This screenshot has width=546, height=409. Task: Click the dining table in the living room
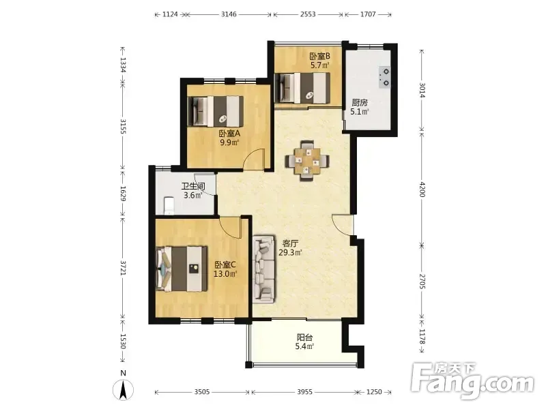coord(306,161)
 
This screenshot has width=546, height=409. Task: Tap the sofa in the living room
coord(263,269)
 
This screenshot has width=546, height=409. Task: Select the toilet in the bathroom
coord(169,206)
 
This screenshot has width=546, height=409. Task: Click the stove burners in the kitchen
coord(386,77)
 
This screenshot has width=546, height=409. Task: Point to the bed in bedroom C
coord(182,269)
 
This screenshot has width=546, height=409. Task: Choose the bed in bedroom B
coord(302,88)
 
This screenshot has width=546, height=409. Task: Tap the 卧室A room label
coord(229,133)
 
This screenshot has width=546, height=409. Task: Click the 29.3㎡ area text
coord(290,252)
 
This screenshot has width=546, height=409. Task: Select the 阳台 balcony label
coord(304,337)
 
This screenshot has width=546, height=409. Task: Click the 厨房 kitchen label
coord(360,103)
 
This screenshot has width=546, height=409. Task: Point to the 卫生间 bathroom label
coord(193,186)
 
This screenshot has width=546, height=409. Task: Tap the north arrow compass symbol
coord(123,389)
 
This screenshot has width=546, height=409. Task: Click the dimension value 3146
coord(229,14)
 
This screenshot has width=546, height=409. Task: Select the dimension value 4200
coord(422,190)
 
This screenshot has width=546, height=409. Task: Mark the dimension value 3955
coord(304,392)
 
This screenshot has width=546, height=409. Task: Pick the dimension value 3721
coord(123,268)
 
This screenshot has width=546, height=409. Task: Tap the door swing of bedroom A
coord(254,160)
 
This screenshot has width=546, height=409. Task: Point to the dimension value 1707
coord(368,14)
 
